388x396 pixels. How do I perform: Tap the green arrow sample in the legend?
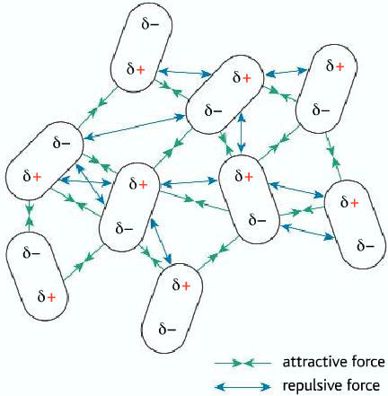pos(242,364)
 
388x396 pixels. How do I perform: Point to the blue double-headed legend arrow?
pos(242,386)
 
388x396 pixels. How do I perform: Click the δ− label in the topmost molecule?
pos(151,24)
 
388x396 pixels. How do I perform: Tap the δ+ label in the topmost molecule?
pos(136,69)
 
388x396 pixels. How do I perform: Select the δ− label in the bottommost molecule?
pos(167,330)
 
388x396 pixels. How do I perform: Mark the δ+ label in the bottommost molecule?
pos(181,286)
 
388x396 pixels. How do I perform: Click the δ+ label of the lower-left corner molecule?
pos(47,297)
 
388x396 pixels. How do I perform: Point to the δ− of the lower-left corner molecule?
pos(31,253)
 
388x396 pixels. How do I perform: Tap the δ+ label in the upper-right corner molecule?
pos(335,66)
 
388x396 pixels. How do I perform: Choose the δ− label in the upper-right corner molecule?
pos(321,110)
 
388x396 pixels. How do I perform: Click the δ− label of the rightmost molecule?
pos(366,246)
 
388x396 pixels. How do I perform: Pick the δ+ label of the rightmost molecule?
pos(349,203)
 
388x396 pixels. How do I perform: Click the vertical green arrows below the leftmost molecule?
pos(29,216)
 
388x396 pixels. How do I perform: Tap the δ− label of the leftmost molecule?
pos(62,144)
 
